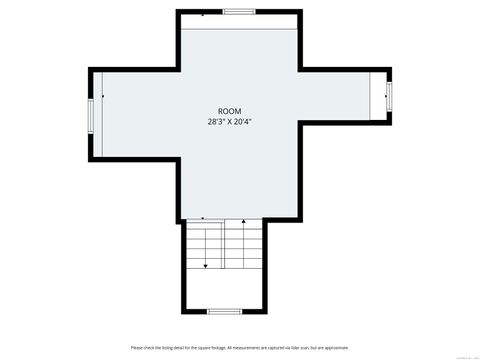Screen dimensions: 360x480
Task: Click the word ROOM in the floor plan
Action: pyautogui.click(x=229, y=111)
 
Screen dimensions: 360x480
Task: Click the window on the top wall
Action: pyautogui.click(x=239, y=12)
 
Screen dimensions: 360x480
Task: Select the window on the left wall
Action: pyautogui.click(x=91, y=115)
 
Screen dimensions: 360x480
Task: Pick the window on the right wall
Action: pyautogui.click(x=389, y=97)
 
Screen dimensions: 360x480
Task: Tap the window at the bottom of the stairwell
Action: pyautogui.click(x=224, y=312)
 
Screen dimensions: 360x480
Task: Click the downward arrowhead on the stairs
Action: pyautogui.click(x=206, y=266)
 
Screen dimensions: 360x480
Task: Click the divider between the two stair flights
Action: pyautogui.click(x=224, y=245)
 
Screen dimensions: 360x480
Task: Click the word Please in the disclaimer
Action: pyautogui.click(x=136, y=348)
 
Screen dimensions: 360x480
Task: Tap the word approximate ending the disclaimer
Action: pyautogui.click(x=334, y=348)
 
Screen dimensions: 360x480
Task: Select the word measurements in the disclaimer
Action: pyautogui.click(x=240, y=348)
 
